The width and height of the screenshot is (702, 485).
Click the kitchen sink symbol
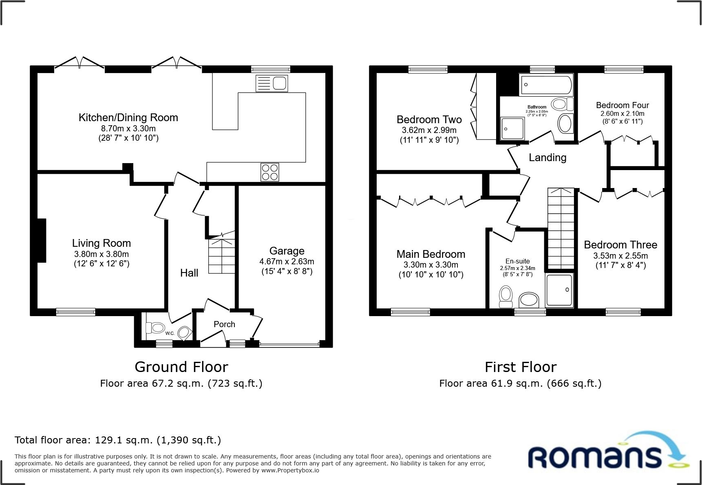272,83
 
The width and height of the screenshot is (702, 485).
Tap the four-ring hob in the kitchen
269,172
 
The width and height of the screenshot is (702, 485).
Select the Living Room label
102,243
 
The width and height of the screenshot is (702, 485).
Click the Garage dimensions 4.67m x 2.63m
287,261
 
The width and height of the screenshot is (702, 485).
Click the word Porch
224,324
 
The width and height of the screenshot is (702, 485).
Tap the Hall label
189,273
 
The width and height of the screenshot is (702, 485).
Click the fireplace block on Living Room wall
42,240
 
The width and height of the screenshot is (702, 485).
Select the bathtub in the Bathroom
545,85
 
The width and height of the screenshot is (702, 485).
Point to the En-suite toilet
506,297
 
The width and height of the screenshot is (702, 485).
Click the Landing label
547,157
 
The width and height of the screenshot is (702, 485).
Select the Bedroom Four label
622,105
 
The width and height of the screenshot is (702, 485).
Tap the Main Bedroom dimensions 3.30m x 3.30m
431,265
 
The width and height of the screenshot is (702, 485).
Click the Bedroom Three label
620,245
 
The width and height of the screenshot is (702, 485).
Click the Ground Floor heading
181,367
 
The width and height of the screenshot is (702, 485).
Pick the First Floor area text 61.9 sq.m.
520,383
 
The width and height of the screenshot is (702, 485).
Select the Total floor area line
118,440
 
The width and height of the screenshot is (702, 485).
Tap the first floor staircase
561,228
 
